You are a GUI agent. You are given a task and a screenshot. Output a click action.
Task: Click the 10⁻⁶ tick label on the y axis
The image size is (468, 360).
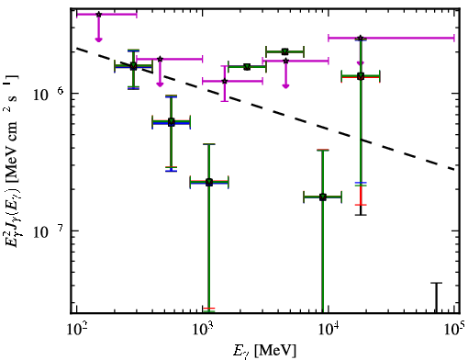click(x=46, y=94)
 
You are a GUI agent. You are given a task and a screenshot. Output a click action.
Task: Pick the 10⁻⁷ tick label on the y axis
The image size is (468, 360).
click(x=46, y=231)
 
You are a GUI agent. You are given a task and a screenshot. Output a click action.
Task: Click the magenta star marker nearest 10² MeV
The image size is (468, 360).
click(x=98, y=15)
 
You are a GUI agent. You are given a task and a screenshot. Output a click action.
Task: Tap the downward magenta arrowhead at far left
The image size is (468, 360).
click(x=98, y=39)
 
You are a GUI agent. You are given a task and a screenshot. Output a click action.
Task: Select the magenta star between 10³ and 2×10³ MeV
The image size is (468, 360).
click(x=225, y=81)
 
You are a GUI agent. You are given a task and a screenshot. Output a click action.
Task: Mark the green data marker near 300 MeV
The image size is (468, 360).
click(x=133, y=66)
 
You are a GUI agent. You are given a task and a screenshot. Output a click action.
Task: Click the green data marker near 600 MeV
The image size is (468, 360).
click(x=172, y=122)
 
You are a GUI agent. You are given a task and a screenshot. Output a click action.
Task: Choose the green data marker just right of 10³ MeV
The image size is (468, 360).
click(x=209, y=182)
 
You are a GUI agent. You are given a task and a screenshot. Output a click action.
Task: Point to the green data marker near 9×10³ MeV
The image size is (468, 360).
click(x=323, y=197)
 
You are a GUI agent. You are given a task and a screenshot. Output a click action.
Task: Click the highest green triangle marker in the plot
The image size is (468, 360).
click(x=284, y=51)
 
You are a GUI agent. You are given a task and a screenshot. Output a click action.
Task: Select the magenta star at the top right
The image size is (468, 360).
click(x=361, y=39)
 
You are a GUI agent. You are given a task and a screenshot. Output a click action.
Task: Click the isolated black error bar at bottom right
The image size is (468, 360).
click(x=437, y=298)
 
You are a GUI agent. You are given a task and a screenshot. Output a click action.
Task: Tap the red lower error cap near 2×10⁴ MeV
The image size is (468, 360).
click(x=361, y=205)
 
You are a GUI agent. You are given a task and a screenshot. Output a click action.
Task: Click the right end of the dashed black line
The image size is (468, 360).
click(x=456, y=169)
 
